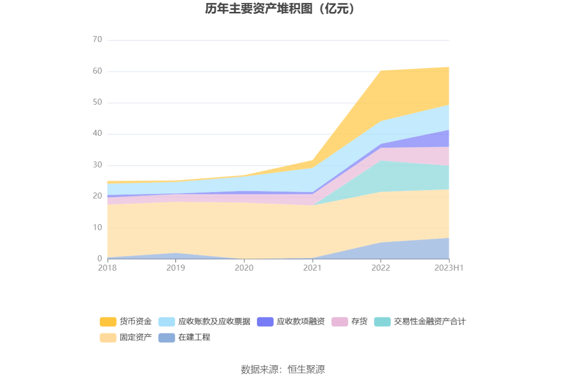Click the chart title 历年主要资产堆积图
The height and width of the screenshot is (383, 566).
click(280, 9)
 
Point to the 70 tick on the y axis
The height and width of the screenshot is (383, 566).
click(97, 39)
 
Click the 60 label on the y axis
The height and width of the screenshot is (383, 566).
click(97, 71)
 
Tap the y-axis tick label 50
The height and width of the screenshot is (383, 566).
click(97, 103)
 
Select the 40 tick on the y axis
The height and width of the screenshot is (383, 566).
click(97, 134)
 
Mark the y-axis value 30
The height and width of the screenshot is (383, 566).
click(97, 165)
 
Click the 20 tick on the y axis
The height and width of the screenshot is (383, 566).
click(97, 196)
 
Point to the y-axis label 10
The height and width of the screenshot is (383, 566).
click(97, 228)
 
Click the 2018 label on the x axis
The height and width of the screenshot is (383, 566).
click(107, 268)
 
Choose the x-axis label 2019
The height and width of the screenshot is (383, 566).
click(176, 268)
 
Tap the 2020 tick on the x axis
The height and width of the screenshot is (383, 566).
click(244, 268)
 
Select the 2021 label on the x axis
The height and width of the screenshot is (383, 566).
click(312, 268)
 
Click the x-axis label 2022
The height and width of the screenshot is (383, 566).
click(381, 268)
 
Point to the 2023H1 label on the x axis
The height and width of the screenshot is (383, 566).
click(449, 268)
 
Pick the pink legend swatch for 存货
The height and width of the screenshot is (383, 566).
click(340, 322)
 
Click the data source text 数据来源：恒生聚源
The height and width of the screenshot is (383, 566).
click(283, 369)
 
